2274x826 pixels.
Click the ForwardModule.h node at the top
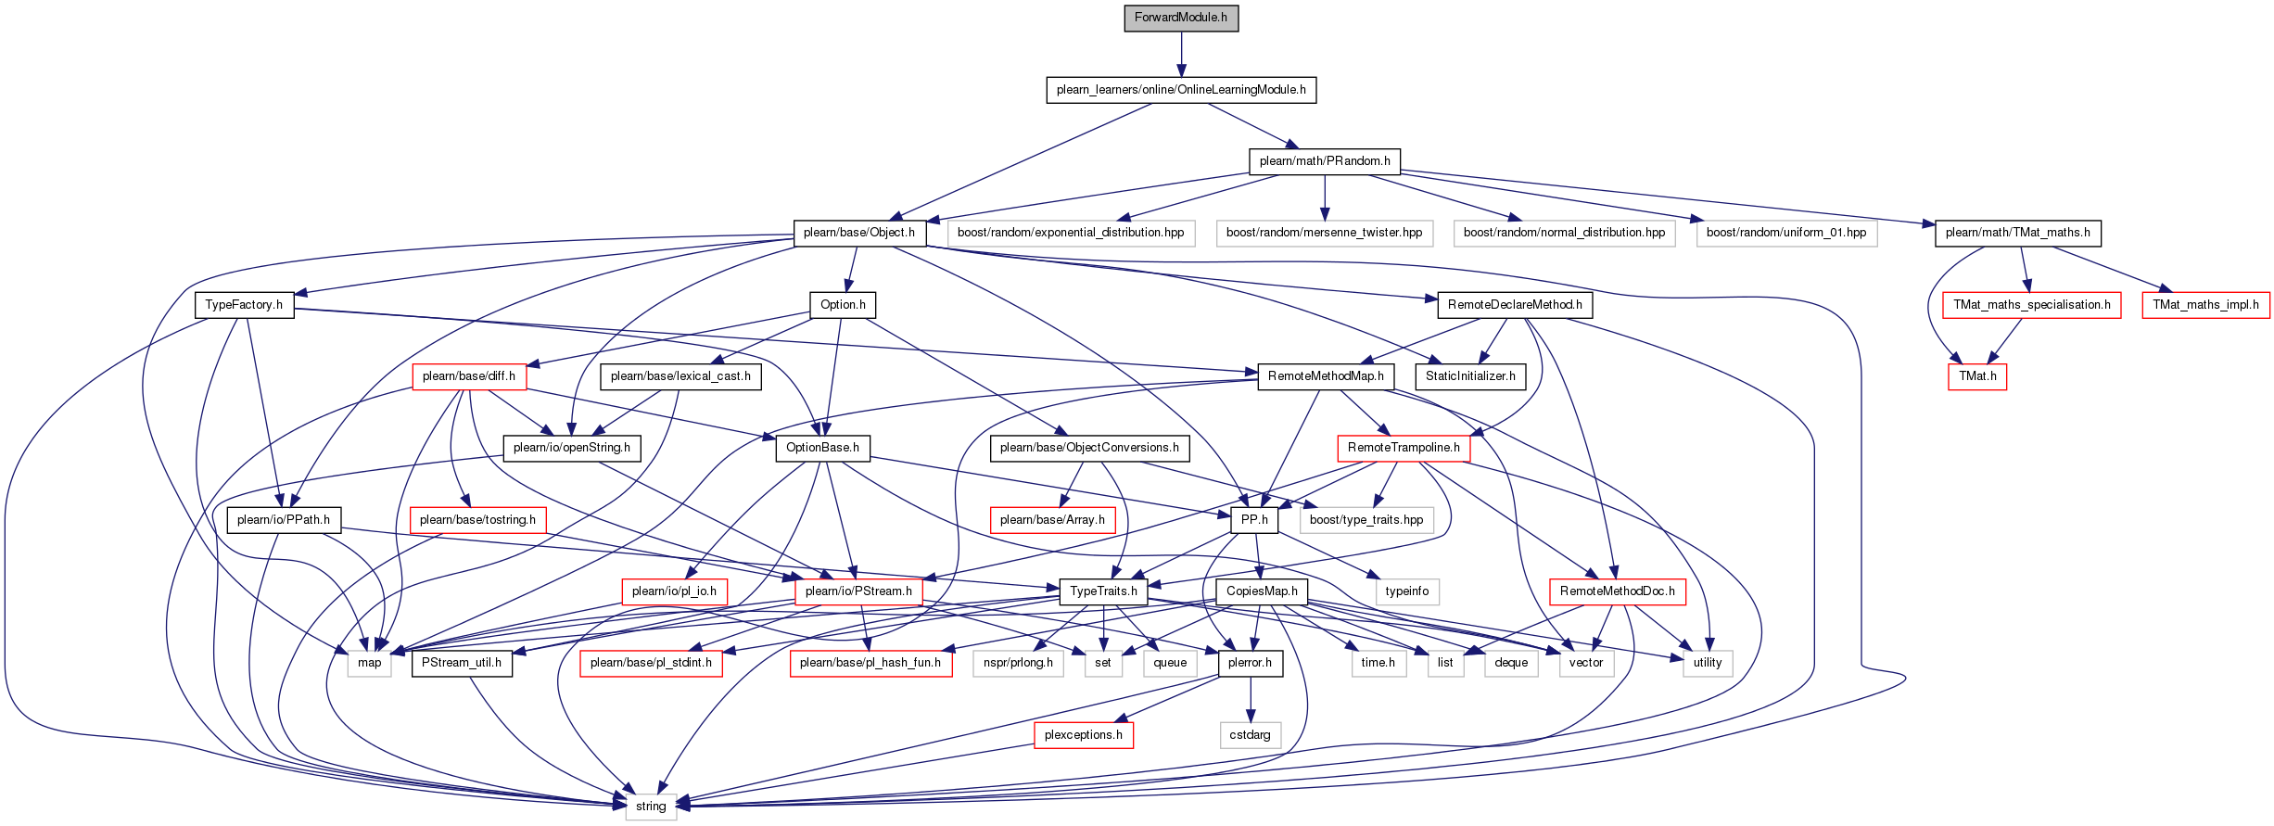[x=1180, y=18]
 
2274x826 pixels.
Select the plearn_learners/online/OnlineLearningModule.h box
[x=1180, y=90]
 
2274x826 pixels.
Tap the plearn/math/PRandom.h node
[x=1324, y=161]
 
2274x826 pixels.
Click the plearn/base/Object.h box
[x=858, y=233]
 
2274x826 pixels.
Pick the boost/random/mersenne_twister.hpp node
[x=1324, y=233]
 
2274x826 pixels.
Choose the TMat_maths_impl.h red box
[x=2205, y=305]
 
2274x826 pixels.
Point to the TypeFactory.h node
[x=244, y=305]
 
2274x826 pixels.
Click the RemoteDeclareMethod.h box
[x=1515, y=305]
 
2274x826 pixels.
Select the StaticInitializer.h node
[x=1470, y=376]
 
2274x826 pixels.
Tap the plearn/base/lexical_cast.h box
[x=680, y=376]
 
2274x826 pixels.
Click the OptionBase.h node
[x=822, y=448]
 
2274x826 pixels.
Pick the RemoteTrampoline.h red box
[x=1404, y=448]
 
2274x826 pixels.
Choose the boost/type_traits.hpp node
[x=1366, y=520]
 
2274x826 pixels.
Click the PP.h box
[x=1254, y=520]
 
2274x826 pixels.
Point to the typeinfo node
[x=1406, y=591]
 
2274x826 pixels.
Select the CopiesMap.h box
[x=1262, y=591]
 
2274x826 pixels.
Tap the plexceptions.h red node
[x=1083, y=735]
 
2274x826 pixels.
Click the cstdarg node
[x=1250, y=735]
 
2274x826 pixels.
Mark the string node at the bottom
[x=651, y=807]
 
